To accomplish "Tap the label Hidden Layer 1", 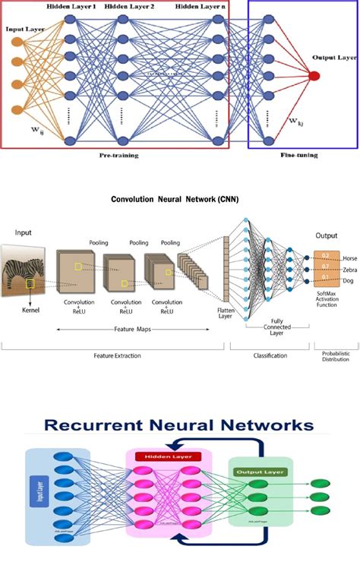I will [72, 6].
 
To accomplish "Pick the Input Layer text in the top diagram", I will [24, 30].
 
